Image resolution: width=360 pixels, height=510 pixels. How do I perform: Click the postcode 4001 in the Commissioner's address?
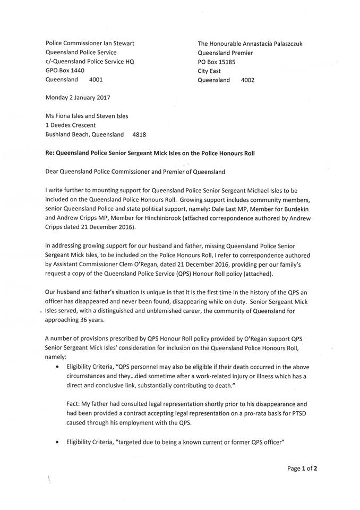tap(96, 80)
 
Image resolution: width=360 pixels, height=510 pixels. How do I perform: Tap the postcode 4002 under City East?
tap(247, 80)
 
